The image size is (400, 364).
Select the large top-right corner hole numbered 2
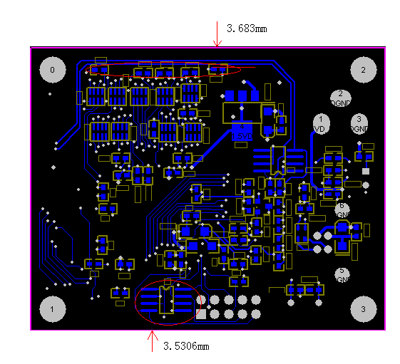[x=363, y=69]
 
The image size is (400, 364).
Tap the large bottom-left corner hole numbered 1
[x=53, y=309]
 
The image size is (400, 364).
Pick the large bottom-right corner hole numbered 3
[x=363, y=309]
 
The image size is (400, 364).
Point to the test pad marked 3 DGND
[x=359, y=123]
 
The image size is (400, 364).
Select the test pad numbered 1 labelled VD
[x=321, y=123]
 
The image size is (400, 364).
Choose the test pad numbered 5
[x=342, y=274]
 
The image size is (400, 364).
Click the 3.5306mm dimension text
[x=186, y=346]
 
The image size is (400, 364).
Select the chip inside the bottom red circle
[x=165, y=301]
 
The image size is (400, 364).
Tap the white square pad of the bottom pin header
[x=201, y=313]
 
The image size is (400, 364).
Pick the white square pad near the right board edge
[x=366, y=171]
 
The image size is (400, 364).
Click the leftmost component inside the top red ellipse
[x=99, y=70]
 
